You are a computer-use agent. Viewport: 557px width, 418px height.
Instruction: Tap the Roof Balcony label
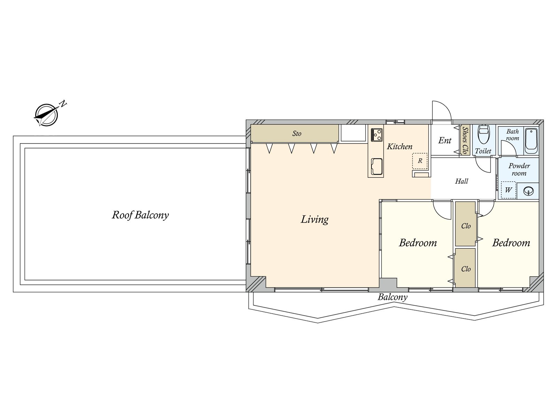coord(140,215)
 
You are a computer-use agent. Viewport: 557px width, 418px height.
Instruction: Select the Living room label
coord(314,219)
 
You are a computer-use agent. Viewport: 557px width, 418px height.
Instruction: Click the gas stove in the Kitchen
coord(377,134)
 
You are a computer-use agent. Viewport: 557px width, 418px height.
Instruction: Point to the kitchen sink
coord(377,166)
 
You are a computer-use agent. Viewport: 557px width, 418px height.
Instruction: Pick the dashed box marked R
coord(420,161)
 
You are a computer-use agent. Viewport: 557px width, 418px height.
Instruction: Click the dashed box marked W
coord(508,190)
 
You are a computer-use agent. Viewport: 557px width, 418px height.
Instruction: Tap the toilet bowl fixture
coord(484,135)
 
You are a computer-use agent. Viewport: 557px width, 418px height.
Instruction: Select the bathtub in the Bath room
coord(531,141)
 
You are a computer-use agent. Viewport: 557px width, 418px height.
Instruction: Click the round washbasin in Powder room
coord(528,191)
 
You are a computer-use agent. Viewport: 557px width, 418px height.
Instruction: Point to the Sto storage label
coord(297,133)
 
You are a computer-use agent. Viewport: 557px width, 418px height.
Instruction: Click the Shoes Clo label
coord(464,140)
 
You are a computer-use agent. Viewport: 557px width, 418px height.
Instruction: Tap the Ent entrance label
coord(445,140)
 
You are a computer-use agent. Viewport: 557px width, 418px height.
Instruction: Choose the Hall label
coord(462,181)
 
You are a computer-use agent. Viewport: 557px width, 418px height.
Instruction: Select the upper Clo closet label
coord(466,226)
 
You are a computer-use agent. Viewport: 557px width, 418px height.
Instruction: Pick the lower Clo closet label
coord(466,269)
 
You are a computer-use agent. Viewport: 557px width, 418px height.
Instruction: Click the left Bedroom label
coord(418,243)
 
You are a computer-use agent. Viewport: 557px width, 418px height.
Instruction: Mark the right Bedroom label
coord(511,243)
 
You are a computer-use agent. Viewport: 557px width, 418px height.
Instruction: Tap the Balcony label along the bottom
coord(392,297)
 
